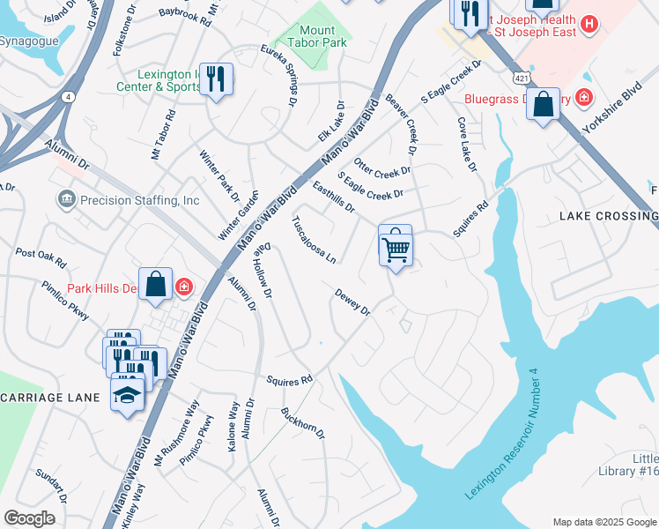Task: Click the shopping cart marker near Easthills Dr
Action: coord(396,246)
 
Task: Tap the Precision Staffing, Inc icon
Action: coord(66,200)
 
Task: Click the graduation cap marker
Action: coord(128,393)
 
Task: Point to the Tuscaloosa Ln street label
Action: coord(315,240)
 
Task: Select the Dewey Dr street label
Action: coord(352,302)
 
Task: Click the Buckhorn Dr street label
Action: coord(303,423)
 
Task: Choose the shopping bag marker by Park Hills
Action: coord(155,285)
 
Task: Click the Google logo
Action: coord(29,518)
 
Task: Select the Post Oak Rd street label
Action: coord(41,257)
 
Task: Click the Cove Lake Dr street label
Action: coord(466,145)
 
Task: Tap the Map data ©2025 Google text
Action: coord(603,522)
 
